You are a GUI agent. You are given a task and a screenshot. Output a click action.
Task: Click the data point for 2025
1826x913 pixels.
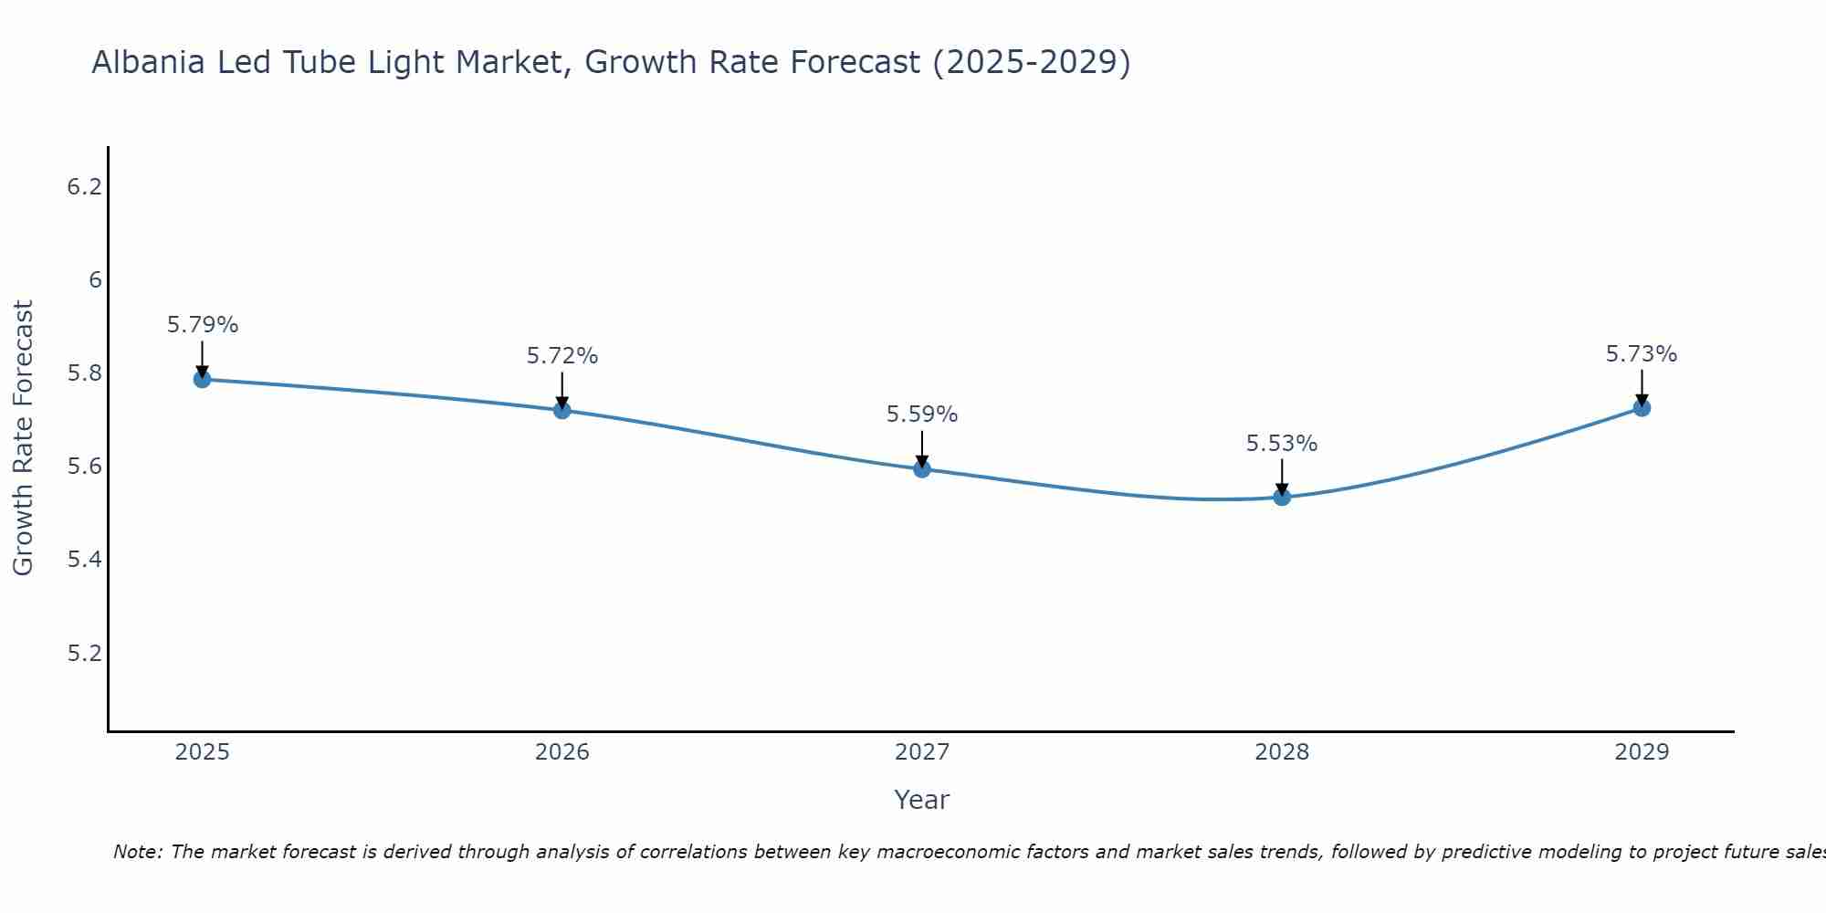[x=202, y=379]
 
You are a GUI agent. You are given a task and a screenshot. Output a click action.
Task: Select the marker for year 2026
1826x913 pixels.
[x=561, y=410]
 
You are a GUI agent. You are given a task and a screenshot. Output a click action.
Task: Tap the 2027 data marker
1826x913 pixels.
[x=922, y=469]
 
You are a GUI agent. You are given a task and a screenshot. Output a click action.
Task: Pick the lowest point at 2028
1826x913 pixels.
[x=1282, y=497]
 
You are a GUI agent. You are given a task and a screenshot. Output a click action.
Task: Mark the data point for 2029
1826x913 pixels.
[x=1642, y=407]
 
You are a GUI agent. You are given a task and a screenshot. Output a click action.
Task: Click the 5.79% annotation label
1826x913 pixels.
[x=203, y=325]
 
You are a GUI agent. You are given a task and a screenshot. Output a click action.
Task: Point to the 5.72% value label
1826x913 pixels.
[x=562, y=356]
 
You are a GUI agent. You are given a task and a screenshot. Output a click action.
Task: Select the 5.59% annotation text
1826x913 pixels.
[x=922, y=415]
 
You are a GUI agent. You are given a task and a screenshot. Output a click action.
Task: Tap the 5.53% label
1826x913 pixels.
[x=1282, y=444]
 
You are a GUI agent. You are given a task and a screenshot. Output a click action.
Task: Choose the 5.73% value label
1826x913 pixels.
[x=1642, y=354]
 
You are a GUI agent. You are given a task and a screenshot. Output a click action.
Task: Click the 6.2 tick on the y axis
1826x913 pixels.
[x=84, y=187]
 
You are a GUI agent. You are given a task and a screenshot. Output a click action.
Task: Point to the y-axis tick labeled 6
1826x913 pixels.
[x=95, y=280]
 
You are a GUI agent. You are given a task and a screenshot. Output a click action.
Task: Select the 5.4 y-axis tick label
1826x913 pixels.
[x=84, y=560]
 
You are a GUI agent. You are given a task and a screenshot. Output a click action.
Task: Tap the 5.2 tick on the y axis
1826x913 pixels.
[x=84, y=654]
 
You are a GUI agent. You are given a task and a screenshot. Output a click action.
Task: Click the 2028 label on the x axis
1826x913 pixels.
[x=1282, y=752]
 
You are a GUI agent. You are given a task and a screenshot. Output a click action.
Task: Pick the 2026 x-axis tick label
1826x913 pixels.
[x=561, y=752]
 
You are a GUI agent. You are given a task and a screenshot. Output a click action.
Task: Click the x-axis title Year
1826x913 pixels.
[x=922, y=800]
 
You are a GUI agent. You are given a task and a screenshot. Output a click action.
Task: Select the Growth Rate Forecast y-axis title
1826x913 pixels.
[x=23, y=437]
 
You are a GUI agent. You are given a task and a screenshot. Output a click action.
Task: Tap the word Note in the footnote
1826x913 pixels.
[x=137, y=852]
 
